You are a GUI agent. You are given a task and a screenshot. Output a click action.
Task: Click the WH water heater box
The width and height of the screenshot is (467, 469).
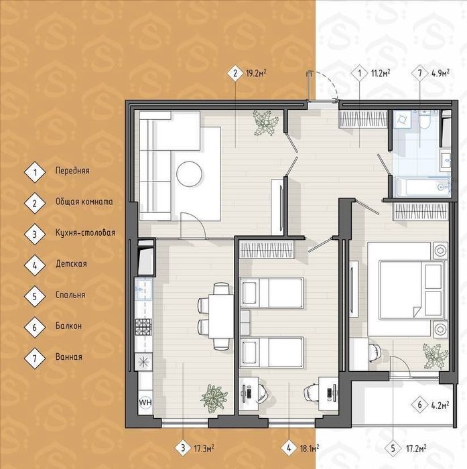pos(145,402)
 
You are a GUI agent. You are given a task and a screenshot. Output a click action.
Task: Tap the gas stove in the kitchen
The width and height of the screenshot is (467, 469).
pos(143,327)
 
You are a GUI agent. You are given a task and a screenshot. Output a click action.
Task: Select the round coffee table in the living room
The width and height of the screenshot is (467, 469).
pos(190,174)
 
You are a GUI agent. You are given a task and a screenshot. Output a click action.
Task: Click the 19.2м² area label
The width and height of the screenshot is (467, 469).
pos(256,74)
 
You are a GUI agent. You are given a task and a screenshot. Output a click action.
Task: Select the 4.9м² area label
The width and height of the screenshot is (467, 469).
pos(439,74)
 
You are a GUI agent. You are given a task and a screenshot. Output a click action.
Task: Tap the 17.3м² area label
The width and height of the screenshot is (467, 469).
pos(204,448)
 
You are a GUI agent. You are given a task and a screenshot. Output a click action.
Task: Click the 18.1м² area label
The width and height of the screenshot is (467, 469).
pos(309,448)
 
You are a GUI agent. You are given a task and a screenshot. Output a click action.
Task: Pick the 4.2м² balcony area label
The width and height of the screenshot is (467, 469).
pos(440,405)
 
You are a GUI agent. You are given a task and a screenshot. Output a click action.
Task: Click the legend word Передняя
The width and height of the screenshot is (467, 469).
pos(72,171)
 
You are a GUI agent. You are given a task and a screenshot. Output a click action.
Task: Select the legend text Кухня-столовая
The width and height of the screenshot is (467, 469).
pos(85,232)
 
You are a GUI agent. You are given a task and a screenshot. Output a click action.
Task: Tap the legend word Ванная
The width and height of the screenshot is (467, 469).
pos(69,357)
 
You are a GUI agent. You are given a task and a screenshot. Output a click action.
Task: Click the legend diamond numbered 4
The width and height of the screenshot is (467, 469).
pos(35,265)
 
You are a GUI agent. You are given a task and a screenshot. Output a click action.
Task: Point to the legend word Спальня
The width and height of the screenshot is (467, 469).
pos(70,295)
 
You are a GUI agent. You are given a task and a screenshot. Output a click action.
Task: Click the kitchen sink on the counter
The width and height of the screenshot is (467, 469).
pos(143,289)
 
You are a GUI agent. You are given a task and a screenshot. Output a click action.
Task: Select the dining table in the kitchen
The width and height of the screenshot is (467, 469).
pos(221,316)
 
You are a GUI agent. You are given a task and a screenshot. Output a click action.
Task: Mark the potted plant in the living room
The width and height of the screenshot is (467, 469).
pos(265,123)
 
